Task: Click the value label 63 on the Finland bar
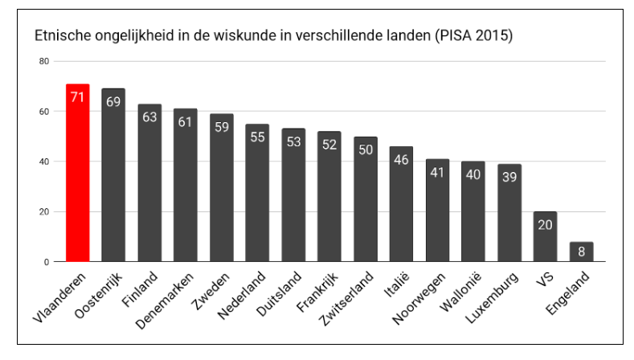pos(149,117)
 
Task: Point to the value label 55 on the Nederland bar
pos(257,137)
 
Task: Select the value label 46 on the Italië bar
pos(401,160)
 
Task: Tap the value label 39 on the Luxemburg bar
pos(509,178)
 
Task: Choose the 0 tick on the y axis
pos(46,262)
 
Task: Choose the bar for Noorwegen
pos(437,211)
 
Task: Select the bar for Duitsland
pos(293,195)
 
